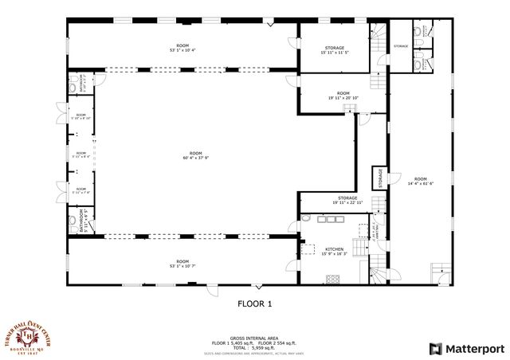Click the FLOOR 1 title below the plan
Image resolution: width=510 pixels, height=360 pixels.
point(255,303)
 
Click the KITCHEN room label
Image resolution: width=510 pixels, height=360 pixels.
point(334,248)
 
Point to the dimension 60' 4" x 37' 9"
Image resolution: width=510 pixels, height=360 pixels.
point(195,157)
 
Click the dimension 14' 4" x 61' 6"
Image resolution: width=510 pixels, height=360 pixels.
point(420,183)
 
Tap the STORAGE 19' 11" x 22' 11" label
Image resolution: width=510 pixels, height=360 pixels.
point(347,203)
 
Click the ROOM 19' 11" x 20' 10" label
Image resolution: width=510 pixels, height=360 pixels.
point(343,98)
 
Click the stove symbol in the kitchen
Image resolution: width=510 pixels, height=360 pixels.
point(333,278)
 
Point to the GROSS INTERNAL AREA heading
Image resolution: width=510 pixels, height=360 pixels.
point(254,337)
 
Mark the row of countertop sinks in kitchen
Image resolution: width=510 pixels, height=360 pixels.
point(328,218)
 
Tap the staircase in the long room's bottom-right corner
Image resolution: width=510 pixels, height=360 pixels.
point(440,273)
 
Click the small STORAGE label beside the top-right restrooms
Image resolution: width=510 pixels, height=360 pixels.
point(400,46)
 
